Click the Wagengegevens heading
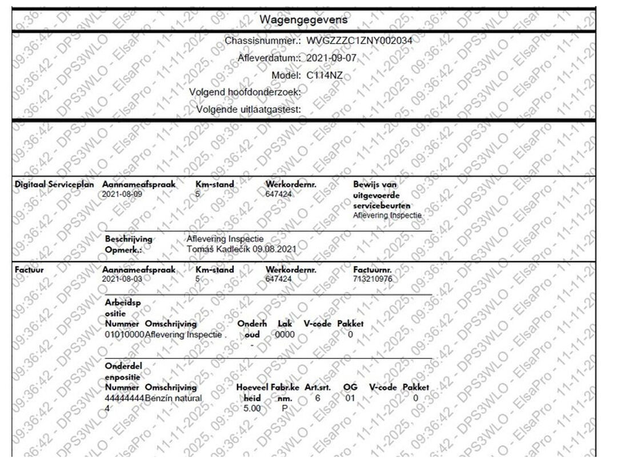[303, 20]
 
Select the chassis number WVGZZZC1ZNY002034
[359, 41]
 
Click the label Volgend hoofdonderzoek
[245, 92]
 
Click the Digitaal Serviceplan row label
[54, 185]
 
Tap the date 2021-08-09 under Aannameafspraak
[122, 193]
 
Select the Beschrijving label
[129, 239]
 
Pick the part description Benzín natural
[174, 397]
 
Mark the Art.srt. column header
[319, 388]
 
